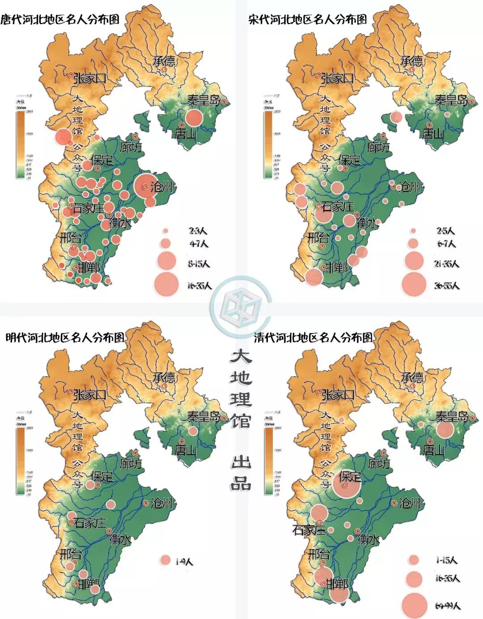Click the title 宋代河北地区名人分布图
point(308,19)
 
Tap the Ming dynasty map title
point(64,337)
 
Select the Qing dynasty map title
point(313,337)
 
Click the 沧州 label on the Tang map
point(162,187)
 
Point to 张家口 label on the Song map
point(338,78)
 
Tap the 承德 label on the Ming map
point(165,377)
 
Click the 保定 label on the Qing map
point(350,476)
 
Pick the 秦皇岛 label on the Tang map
point(203,100)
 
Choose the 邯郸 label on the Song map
point(336,268)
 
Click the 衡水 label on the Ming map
point(120,539)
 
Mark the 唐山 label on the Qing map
point(433,449)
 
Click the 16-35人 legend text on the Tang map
point(199,285)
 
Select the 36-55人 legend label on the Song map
point(447,285)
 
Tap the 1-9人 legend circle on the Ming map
point(165,560)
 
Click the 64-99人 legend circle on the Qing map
point(414,605)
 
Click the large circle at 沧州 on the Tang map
point(145,187)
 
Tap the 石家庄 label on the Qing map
point(309,530)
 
